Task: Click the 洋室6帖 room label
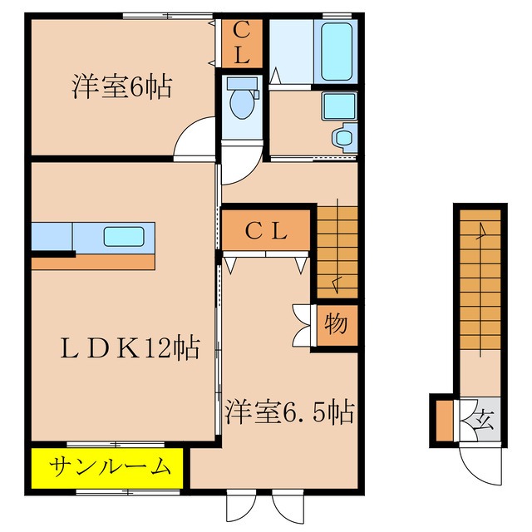click(121, 87)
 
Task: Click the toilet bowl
click(242, 102)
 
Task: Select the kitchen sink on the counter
click(123, 236)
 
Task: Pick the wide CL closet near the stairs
click(267, 231)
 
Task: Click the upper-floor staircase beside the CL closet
click(337, 249)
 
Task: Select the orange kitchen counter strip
click(93, 262)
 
